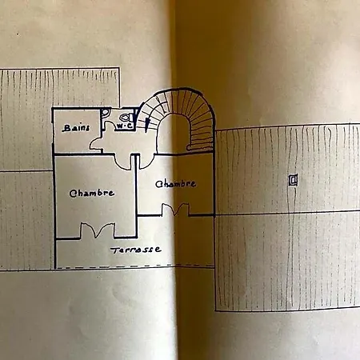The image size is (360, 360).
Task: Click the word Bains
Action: [x=76, y=128]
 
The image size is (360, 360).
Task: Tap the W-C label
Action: [x=124, y=126]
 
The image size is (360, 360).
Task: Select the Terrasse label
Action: [x=136, y=250]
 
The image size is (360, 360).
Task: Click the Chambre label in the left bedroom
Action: [x=92, y=193]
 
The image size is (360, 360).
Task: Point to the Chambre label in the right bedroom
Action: [x=176, y=184]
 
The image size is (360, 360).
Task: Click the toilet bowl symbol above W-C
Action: [x=126, y=118]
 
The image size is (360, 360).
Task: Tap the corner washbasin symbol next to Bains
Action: [x=106, y=112]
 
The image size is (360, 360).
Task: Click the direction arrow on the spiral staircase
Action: [x=146, y=125]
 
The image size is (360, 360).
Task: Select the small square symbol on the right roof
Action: [x=294, y=180]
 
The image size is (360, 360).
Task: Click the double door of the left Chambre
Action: [x=98, y=230]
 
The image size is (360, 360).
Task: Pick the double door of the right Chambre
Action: [x=175, y=210]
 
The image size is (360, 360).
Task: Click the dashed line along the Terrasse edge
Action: [x=134, y=266]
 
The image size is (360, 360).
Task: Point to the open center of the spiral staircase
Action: [x=174, y=134]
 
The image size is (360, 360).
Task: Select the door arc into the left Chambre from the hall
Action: [x=122, y=162]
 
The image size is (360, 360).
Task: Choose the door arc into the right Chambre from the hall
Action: [x=146, y=162]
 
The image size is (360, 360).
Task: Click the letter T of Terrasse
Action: [x=115, y=250]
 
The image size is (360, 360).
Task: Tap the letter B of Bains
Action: [x=66, y=129]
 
